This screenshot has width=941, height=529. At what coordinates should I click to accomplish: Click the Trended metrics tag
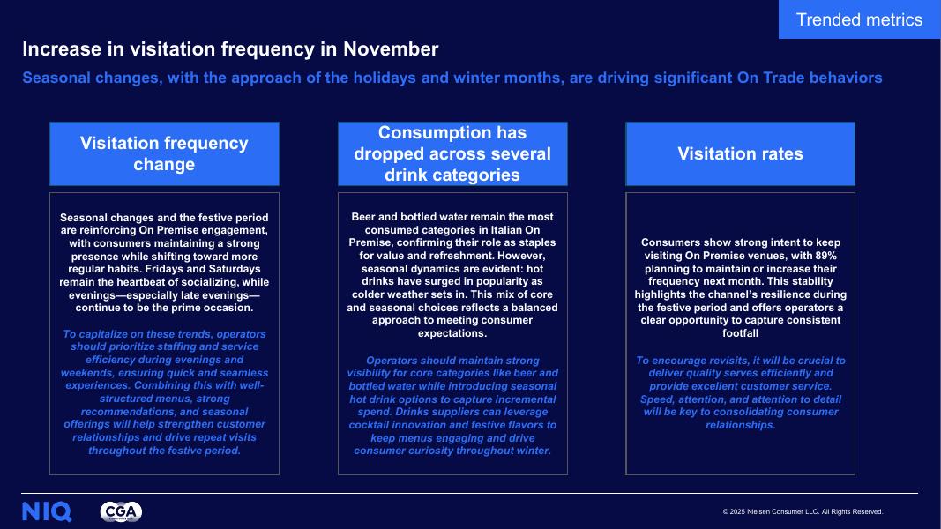[859, 19]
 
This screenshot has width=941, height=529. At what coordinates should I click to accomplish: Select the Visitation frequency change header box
[164, 153]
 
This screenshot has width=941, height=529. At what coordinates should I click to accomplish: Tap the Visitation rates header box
[740, 153]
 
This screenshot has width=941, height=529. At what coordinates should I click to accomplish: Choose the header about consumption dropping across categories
[452, 153]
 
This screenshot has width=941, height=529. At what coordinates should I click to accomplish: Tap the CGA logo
[121, 511]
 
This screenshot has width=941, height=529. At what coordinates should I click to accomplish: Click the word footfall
[740, 334]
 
